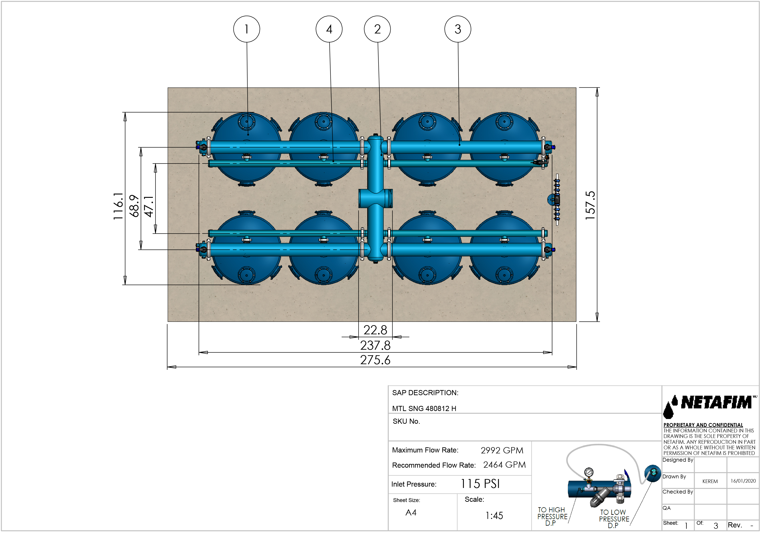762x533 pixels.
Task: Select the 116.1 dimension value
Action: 118,206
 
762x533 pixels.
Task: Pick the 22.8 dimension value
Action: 375,330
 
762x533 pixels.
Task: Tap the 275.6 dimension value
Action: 375,360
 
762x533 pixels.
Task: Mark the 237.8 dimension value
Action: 375,345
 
